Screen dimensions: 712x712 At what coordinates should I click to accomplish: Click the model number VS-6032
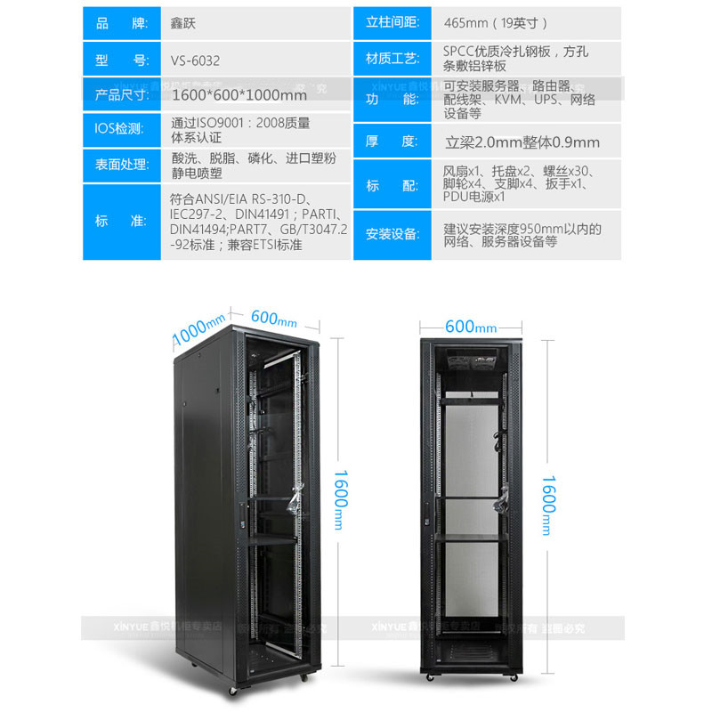(x=195, y=61)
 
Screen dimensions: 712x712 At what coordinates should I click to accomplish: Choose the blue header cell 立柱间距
(x=392, y=22)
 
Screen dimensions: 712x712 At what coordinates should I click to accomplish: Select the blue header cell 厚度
(x=392, y=142)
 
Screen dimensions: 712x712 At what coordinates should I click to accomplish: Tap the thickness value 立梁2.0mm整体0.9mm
(x=522, y=142)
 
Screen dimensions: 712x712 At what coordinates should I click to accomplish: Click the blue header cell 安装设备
(x=392, y=234)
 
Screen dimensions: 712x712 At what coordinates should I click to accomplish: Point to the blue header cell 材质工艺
(x=392, y=60)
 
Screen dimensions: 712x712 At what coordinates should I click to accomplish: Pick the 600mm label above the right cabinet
(x=472, y=327)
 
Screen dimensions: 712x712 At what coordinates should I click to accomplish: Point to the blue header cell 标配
(x=392, y=185)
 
